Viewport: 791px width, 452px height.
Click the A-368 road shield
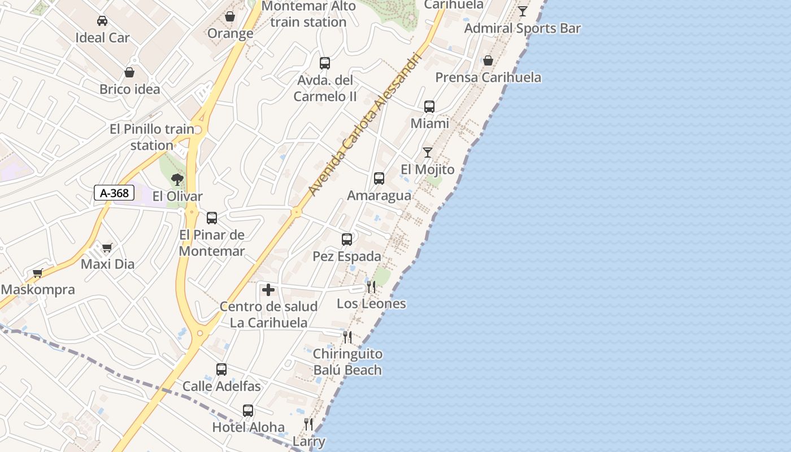[114, 193]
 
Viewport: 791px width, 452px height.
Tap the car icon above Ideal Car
[102, 21]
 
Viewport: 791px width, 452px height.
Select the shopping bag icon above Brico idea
[129, 72]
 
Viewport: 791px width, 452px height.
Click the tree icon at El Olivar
[177, 180]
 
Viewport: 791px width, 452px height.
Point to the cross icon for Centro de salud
[268, 290]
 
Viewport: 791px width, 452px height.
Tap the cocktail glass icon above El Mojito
[428, 153]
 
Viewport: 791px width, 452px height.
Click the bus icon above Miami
[429, 107]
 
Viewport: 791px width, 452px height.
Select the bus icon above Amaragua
[379, 179]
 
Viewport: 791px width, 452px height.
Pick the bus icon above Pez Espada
[347, 240]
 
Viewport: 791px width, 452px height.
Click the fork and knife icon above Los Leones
[371, 287]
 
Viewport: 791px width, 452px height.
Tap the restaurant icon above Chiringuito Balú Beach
[347, 337]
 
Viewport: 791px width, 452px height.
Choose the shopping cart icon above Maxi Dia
[107, 247]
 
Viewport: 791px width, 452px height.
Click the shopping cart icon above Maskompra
[38, 273]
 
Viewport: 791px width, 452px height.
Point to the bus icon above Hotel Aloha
[248, 411]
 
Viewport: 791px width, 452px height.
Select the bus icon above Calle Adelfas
[221, 370]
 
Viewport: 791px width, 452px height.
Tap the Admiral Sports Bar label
[523, 28]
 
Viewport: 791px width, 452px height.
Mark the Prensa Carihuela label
[488, 77]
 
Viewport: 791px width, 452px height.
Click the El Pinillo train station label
[152, 137]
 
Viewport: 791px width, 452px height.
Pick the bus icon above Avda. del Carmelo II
[325, 63]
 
